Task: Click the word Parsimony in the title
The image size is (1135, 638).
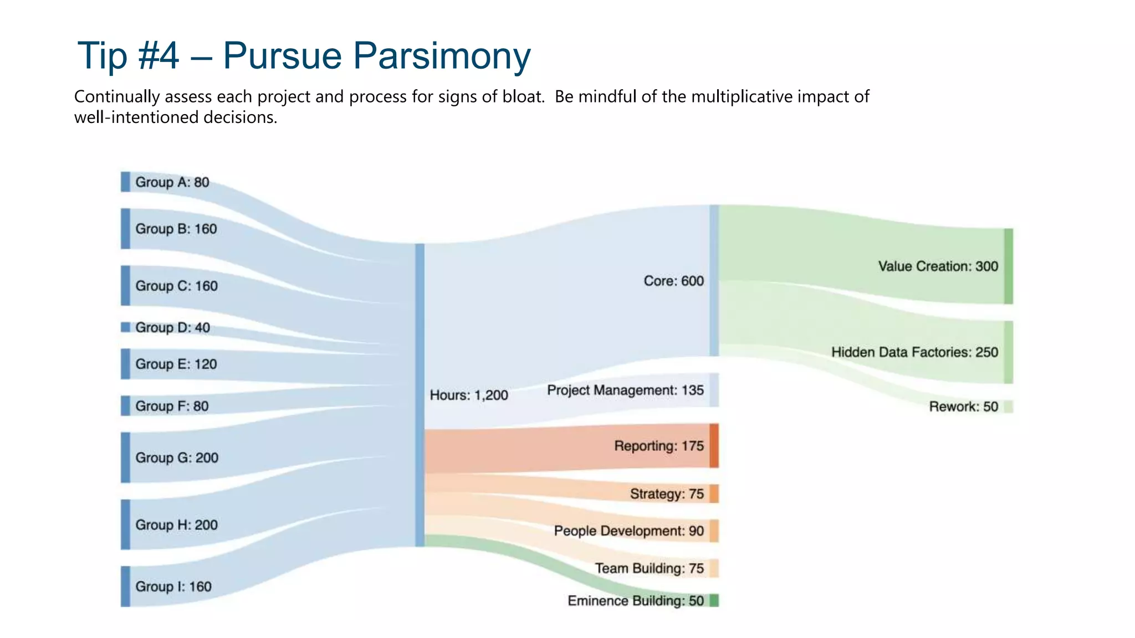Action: tap(442, 56)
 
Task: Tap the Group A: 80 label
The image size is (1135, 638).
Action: tap(172, 182)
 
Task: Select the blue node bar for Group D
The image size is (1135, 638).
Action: tap(126, 327)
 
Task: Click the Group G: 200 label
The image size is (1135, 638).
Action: tap(176, 457)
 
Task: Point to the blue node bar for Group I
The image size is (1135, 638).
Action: tap(126, 586)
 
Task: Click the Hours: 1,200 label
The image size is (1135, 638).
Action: tap(469, 395)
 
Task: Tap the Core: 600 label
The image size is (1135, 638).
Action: tap(673, 281)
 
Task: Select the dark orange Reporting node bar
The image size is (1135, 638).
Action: tap(714, 446)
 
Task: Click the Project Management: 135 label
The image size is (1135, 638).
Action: tap(625, 390)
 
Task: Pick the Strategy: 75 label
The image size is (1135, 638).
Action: tap(667, 493)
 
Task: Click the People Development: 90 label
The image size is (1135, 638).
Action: tap(628, 531)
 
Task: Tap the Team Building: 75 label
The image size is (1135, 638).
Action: tap(649, 568)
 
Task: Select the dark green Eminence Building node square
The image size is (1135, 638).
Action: tap(714, 600)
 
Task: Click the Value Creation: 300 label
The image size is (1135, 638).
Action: tap(938, 266)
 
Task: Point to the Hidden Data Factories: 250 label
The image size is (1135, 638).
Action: tap(914, 352)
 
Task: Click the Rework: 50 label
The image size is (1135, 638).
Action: tap(963, 407)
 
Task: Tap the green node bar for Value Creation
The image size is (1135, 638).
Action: tap(1008, 266)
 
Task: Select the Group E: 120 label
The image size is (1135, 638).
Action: tap(176, 364)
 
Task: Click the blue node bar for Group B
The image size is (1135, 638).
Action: tap(126, 229)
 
